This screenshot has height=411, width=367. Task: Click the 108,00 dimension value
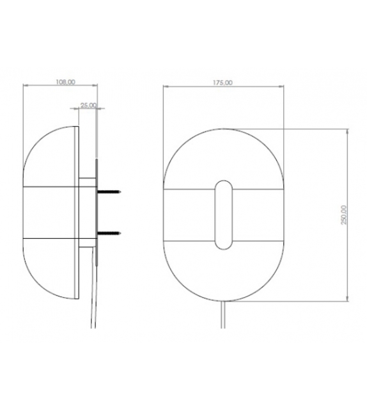pos(65,82)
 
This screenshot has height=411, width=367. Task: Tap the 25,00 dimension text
pos(88,105)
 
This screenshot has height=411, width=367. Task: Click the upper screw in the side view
pos(110,191)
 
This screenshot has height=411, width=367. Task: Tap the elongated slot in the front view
pos(223,214)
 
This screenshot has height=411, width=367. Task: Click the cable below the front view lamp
pos(223,317)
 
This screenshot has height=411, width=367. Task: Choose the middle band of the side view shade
pos(51,212)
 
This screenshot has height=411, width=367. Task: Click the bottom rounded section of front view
pos(223,272)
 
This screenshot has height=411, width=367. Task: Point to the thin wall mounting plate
pos(97,205)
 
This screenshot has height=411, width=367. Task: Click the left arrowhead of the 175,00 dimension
pos(165,86)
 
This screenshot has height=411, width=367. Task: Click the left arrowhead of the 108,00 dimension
pos(25,86)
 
